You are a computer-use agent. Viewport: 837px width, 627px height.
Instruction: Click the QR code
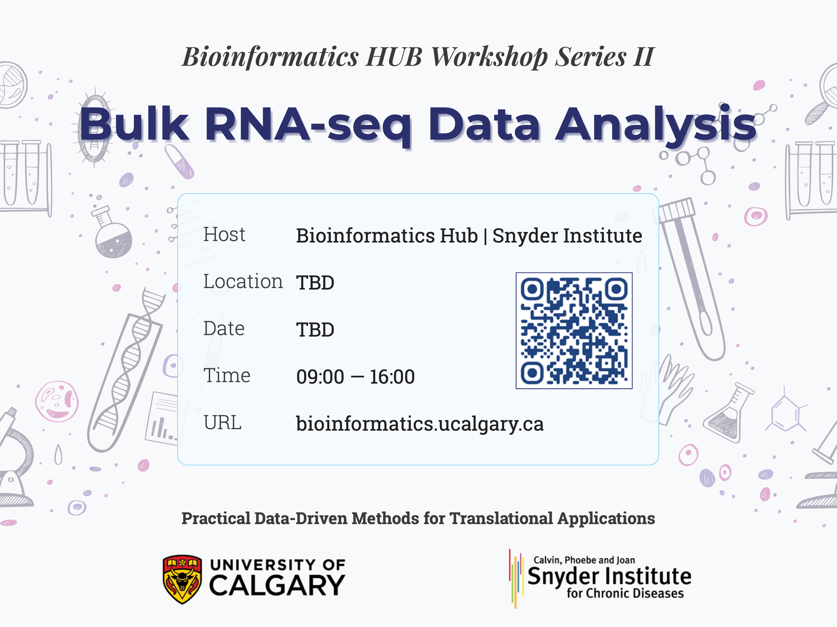point(574,331)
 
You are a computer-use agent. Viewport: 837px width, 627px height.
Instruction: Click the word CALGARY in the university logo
point(277,586)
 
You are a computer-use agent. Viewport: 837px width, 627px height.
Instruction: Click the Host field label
point(224,235)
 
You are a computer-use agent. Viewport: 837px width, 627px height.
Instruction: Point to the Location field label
point(243,282)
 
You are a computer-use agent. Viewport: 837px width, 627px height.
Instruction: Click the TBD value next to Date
point(315,330)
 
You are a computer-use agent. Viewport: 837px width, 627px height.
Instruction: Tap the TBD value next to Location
point(315,283)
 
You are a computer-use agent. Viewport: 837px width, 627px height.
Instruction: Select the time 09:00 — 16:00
point(355,377)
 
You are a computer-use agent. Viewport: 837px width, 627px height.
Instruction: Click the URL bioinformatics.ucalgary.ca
point(419,424)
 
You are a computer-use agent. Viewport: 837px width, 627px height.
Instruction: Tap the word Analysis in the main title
point(655,125)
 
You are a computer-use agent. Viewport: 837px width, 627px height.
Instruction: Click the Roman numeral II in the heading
point(643,57)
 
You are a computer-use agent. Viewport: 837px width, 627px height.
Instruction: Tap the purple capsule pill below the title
point(179,162)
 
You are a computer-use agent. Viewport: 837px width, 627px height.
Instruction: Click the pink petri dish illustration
point(57,401)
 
